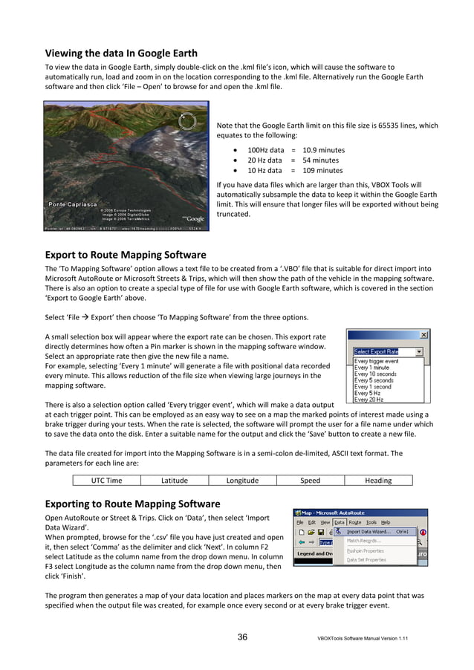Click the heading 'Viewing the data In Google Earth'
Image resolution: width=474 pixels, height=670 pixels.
121,53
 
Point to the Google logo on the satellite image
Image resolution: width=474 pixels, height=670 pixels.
195,218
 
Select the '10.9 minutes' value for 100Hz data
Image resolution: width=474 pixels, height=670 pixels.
323,150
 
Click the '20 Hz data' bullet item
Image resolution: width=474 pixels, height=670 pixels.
264,160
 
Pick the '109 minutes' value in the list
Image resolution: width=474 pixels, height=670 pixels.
321,170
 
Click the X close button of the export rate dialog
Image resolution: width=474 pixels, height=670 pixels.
423,335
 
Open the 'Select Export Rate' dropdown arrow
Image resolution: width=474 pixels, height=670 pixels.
419,351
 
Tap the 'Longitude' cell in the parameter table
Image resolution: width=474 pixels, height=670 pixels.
242,481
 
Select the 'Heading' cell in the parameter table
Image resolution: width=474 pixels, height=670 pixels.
378,481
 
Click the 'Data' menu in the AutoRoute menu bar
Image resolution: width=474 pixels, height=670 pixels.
339,522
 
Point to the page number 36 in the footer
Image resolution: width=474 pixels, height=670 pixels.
242,637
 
